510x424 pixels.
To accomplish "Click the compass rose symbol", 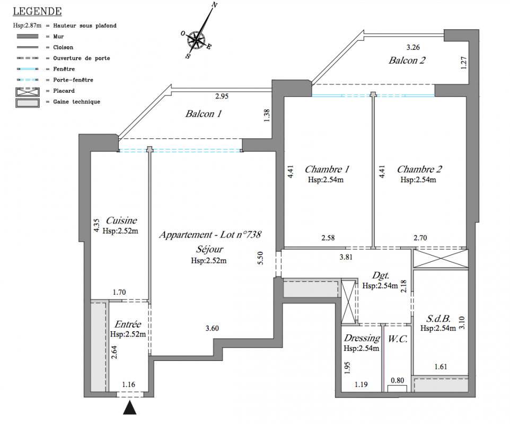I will coord(197,38).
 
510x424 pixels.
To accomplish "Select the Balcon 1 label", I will coord(204,114).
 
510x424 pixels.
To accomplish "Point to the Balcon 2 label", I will coord(407,60).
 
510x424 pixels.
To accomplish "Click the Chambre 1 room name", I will coord(327,170).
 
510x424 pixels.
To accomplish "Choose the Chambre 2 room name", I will coord(419,170).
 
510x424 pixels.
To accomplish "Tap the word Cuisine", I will coord(121,220).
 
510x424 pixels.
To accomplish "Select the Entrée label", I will coord(128,324).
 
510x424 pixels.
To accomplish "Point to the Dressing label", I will coord(362,338).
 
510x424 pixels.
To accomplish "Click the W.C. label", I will coord(398,339).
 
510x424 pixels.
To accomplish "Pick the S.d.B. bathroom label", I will coord(438,319).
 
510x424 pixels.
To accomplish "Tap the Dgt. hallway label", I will coord(381,276).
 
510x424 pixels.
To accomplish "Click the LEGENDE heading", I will coord(37,11).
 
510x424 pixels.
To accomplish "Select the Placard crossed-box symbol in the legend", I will coord(25,91).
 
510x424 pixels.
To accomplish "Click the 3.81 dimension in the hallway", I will coord(346,257).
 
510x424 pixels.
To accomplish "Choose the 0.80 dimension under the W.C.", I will coord(397,380).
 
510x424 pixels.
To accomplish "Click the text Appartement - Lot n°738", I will coord(210,234).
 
